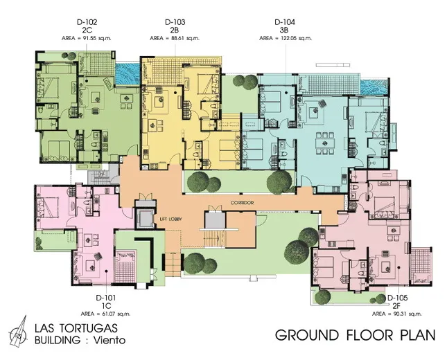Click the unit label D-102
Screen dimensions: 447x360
[x=87, y=22]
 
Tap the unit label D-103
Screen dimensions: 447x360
[x=175, y=22]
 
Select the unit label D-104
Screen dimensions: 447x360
[x=285, y=22]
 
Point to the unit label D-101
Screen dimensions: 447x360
[x=106, y=298]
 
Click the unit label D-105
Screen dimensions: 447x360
[x=397, y=298]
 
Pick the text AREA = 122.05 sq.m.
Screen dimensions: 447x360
[x=286, y=38]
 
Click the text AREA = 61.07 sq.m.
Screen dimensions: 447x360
[x=106, y=314]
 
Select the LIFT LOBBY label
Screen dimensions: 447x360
[x=171, y=219]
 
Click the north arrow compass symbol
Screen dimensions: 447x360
[x=19, y=332]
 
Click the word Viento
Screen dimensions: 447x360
[x=109, y=340]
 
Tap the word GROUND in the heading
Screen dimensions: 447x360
[x=307, y=335]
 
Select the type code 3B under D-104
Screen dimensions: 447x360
[x=284, y=30]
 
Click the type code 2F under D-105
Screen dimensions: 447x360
[x=397, y=306]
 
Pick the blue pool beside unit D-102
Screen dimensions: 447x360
[x=128, y=73]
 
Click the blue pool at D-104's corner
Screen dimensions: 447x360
[x=374, y=87]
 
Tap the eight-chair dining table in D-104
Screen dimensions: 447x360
[x=324, y=143]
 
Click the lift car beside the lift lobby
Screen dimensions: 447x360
[x=146, y=219]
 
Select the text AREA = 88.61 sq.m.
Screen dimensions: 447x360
[x=175, y=38]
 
